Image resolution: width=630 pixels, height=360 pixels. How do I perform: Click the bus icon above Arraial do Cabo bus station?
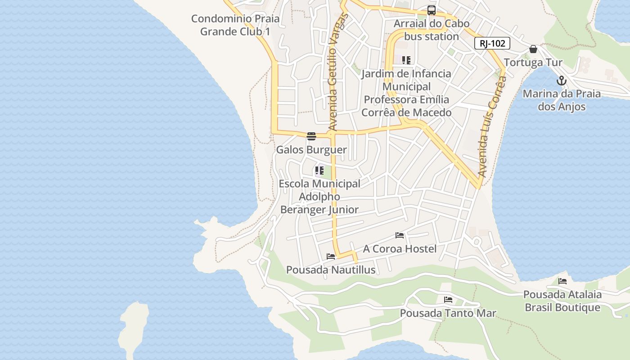pos(432,10)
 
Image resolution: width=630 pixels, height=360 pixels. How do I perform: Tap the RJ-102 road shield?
pos(492,43)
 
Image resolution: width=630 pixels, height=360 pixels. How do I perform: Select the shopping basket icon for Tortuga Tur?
pos(533,49)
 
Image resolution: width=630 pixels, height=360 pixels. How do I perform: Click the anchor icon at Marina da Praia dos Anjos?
pos(561,81)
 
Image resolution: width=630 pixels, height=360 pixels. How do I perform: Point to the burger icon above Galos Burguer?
pos(311,136)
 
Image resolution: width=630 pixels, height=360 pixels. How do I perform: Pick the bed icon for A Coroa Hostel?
pos(400,235)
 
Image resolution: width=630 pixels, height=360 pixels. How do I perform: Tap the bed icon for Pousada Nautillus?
pos(331,256)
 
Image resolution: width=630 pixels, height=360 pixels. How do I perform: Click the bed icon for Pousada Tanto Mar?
pos(448,300)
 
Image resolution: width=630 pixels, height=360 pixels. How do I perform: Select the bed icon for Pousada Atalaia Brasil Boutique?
pos(562,281)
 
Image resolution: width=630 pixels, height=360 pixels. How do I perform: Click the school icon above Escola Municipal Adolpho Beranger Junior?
pos(319,171)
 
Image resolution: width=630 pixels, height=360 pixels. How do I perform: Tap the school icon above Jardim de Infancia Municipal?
pos(406,60)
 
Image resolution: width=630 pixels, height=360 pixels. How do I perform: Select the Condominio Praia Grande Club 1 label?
pos(235,25)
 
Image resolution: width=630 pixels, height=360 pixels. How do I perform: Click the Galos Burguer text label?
pos(311,150)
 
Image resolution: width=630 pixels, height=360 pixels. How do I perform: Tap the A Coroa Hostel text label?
pos(400,249)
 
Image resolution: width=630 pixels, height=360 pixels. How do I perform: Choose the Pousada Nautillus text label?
pos(331,270)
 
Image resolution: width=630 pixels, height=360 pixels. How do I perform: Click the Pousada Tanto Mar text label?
pos(448,313)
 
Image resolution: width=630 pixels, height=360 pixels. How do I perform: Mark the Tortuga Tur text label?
pos(533,63)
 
